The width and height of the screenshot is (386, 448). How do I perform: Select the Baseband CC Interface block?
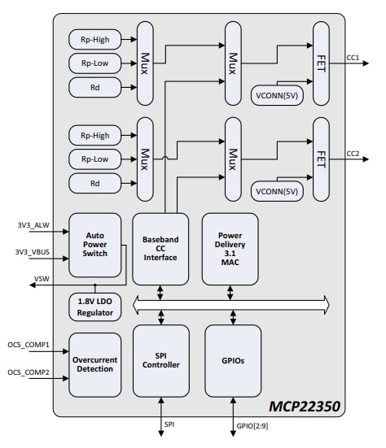point(160,247)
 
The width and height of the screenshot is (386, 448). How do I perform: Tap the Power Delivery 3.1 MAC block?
point(229,247)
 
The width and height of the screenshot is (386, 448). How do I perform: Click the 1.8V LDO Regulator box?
point(96,307)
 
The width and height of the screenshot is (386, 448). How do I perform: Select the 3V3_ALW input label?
point(32,224)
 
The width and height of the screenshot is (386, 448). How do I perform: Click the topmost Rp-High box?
point(96,38)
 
